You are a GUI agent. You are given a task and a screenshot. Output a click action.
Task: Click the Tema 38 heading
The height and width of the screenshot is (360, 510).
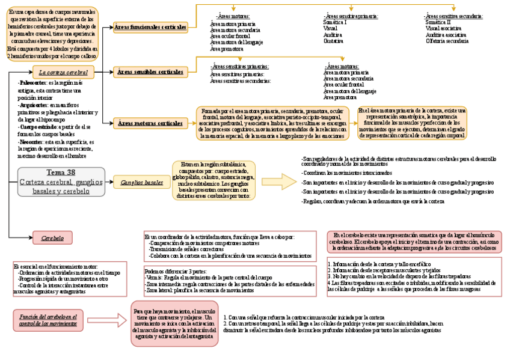pyautogui.click(x=61, y=172)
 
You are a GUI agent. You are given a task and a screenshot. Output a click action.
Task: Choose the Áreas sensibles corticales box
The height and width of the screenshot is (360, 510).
pyautogui.click(x=150, y=72)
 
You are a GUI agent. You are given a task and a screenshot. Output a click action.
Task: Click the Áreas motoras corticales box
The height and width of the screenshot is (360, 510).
pyautogui.click(x=150, y=123)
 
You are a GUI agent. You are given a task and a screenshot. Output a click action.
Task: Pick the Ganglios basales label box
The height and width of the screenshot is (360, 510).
pyautogui.click(x=142, y=182)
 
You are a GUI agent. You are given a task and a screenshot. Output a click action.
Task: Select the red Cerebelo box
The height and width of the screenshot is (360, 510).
pyautogui.click(x=52, y=238)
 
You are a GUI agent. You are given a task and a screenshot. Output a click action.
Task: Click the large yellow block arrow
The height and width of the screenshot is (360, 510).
pyautogui.click(x=279, y=182)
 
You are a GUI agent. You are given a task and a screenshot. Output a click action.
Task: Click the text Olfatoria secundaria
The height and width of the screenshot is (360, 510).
pyautogui.click(x=446, y=41)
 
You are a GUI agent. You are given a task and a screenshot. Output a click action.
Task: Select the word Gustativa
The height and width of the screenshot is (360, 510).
pyautogui.click(x=333, y=41)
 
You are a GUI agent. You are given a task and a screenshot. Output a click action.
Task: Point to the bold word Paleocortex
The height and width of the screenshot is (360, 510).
pyautogui.click(x=31, y=82)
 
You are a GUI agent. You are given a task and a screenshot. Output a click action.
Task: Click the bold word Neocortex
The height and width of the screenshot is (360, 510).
pyautogui.click(x=31, y=142)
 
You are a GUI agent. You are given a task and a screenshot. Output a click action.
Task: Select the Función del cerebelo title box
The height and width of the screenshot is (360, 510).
pyautogui.click(x=48, y=320)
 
